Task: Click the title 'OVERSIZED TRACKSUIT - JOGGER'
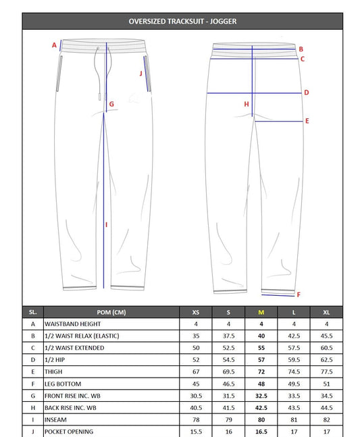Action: click(x=182, y=21)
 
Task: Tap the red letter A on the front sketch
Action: click(x=54, y=45)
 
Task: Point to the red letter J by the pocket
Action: click(x=141, y=73)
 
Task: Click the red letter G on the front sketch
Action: click(x=111, y=104)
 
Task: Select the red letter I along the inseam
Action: click(x=107, y=224)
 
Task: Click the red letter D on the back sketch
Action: click(x=306, y=93)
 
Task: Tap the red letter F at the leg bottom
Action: click(x=299, y=294)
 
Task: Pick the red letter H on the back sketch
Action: click(x=247, y=104)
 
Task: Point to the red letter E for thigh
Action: click(x=307, y=121)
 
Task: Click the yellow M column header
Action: click(x=261, y=312)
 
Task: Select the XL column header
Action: click(x=328, y=312)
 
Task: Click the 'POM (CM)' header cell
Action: click(x=111, y=312)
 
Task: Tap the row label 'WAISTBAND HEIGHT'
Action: click(x=73, y=324)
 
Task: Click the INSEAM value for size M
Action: click(x=261, y=420)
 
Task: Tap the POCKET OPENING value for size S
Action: click(x=228, y=431)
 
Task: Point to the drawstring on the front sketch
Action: click(x=101, y=74)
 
